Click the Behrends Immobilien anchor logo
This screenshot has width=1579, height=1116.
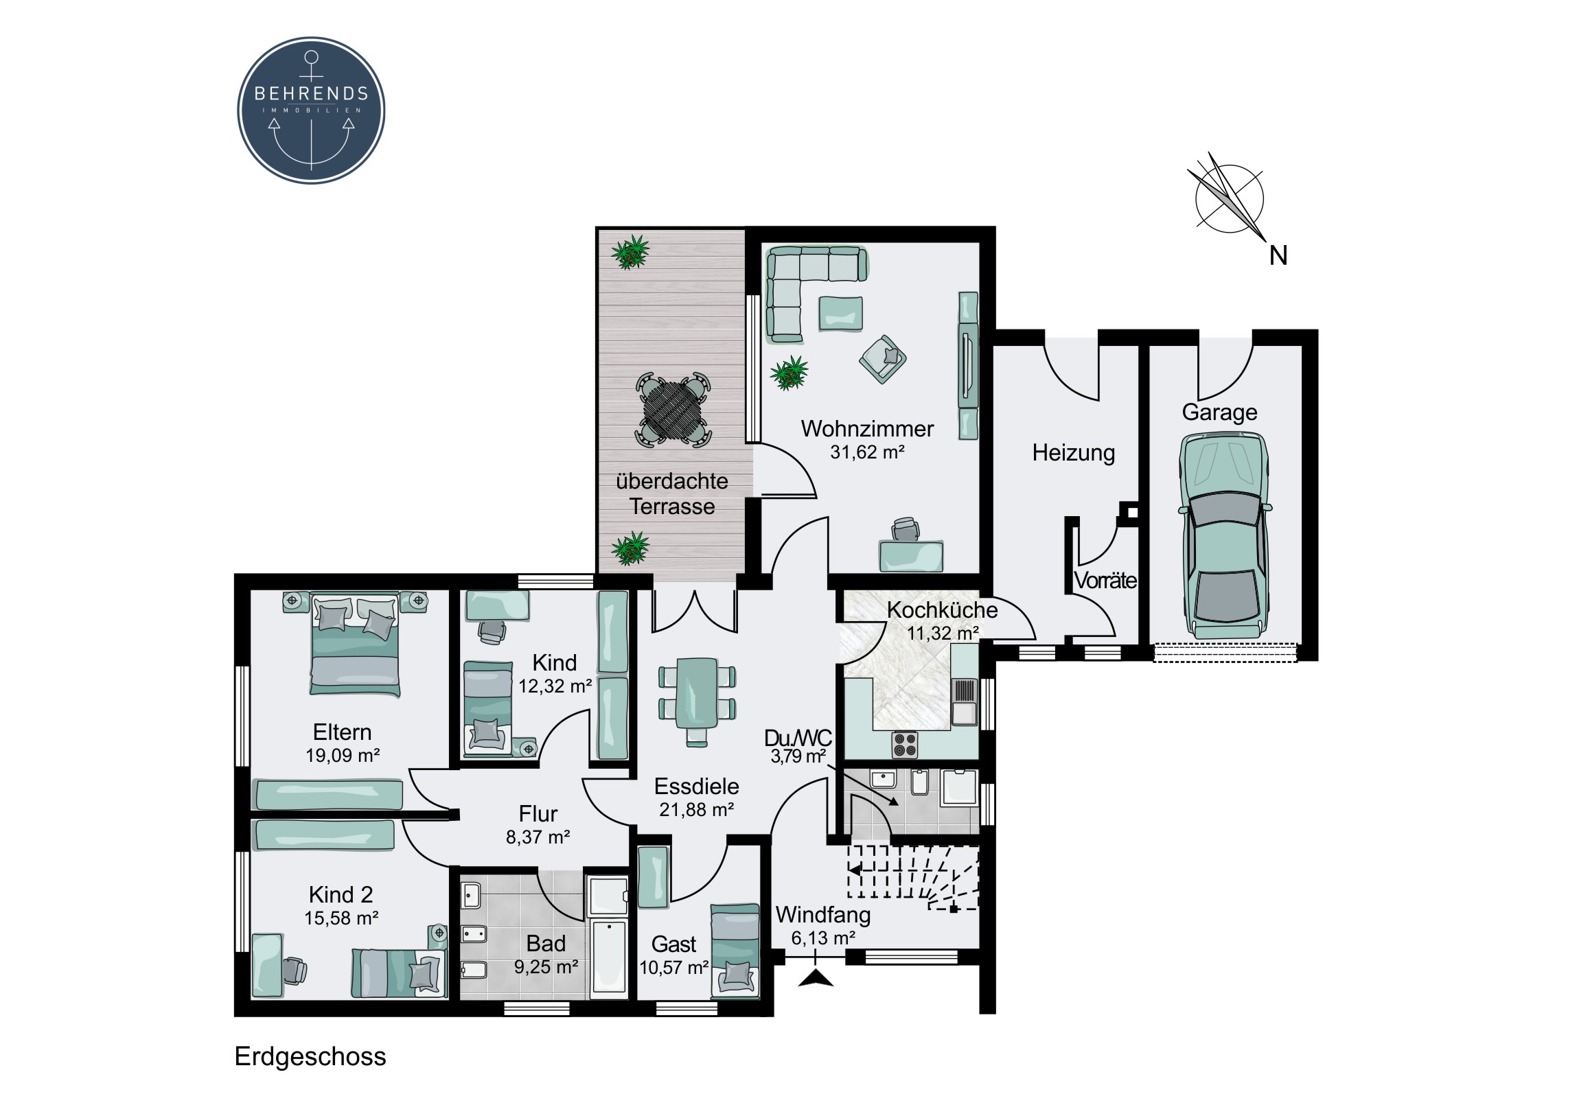click(311, 111)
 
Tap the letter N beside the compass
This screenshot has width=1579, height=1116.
click(1278, 256)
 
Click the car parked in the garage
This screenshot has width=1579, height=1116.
click(1224, 535)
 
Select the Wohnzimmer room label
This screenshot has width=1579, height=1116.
click(867, 429)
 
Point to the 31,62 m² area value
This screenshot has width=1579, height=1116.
click(867, 452)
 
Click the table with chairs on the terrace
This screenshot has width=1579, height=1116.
click(673, 410)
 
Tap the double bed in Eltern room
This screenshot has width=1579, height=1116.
click(355, 644)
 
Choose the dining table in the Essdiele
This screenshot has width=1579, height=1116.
click(697, 701)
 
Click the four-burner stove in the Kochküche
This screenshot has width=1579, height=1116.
click(904, 744)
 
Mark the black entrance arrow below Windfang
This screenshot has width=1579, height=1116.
click(816, 977)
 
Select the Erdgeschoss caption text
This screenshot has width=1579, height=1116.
click(310, 1057)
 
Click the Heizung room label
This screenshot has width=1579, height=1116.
click(1074, 453)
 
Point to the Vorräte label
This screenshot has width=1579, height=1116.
click(1105, 581)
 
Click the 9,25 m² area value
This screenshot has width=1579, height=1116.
click(546, 967)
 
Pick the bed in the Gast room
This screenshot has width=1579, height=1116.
click(735, 951)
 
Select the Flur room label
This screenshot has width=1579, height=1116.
click(538, 814)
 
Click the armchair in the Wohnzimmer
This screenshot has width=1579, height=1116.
click(882, 359)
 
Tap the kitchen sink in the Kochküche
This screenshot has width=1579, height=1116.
click(964, 701)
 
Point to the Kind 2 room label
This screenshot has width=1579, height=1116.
click(341, 895)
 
